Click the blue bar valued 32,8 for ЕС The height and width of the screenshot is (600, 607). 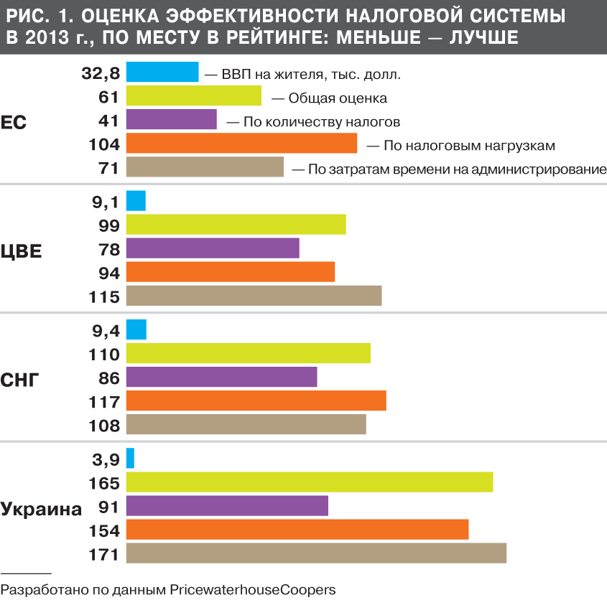pyautogui.click(x=162, y=72)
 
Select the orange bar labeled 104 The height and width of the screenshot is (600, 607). pyautogui.click(x=241, y=144)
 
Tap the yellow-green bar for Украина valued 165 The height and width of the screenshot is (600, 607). pyautogui.click(x=310, y=482)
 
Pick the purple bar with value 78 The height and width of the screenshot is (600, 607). pyautogui.click(x=213, y=248)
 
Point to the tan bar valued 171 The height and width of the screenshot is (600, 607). pyautogui.click(x=316, y=553)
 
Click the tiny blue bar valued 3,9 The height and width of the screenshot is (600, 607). pyautogui.click(x=130, y=458)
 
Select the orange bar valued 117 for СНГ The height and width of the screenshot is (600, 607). pyautogui.click(x=256, y=400)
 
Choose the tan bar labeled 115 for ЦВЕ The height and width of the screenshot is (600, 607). pyautogui.click(x=254, y=296)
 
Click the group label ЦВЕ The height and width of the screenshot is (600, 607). pyautogui.click(x=21, y=251)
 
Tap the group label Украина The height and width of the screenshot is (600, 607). pyautogui.click(x=41, y=510)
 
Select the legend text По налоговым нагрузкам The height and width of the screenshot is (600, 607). pyautogui.click(x=469, y=146)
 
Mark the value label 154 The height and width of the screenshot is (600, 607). pyautogui.click(x=103, y=530)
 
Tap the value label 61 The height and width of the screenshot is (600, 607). pyautogui.click(x=108, y=97)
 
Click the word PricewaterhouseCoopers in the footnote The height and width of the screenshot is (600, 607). pyautogui.click(x=252, y=589)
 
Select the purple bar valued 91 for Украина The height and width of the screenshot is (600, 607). pyautogui.click(x=227, y=505)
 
